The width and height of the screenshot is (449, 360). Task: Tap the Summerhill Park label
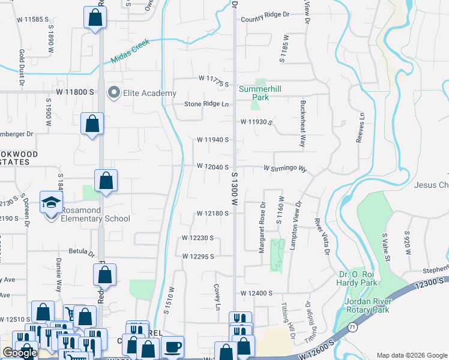(x=261, y=92)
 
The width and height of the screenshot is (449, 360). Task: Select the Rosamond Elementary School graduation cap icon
(x=52, y=202)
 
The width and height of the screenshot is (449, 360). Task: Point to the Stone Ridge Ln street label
(x=207, y=104)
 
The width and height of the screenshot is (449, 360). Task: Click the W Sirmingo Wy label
(x=285, y=169)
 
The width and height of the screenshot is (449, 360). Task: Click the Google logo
(x=20, y=353)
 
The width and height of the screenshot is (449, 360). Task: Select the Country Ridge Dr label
(x=265, y=20)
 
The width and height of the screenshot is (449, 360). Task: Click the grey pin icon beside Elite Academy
(x=113, y=92)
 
